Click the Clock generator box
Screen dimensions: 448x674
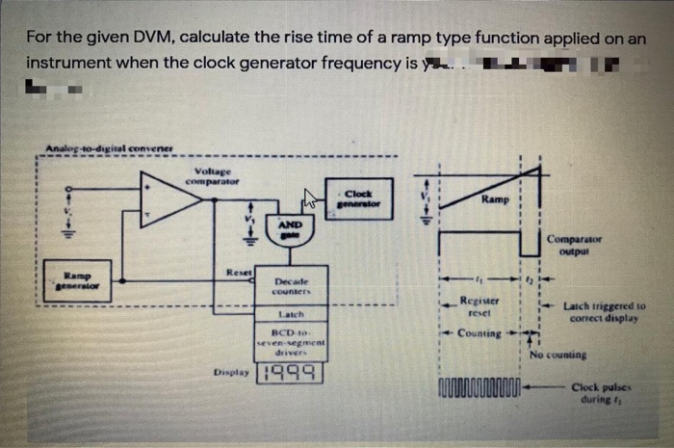[357, 198]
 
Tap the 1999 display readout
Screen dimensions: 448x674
[291, 371]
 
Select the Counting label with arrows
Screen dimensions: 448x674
[480, 333]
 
